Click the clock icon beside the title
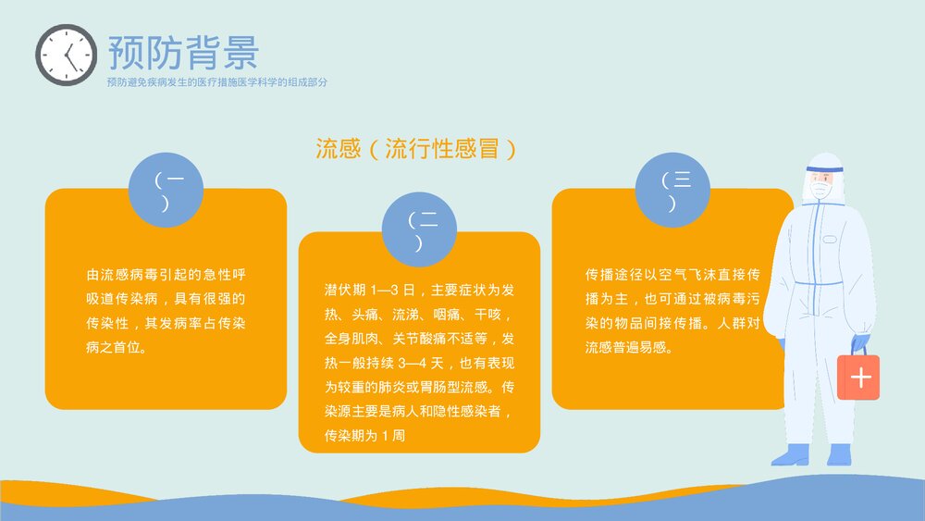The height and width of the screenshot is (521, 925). [67, 56]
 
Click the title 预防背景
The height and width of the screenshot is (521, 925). [183, 53]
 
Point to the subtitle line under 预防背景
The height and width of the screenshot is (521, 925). [217, 82]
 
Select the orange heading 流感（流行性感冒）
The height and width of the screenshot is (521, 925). [415, 149]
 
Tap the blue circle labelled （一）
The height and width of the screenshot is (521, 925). [165, 190]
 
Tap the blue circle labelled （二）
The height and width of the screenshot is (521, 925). [419, 231]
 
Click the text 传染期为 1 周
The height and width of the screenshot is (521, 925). [364, 434]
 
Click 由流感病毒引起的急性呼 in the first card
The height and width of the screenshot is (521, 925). [166, 275]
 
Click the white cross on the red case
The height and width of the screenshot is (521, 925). [859, 378]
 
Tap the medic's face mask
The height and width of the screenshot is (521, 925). [820, 190]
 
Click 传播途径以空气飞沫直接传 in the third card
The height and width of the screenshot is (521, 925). [672, 275]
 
